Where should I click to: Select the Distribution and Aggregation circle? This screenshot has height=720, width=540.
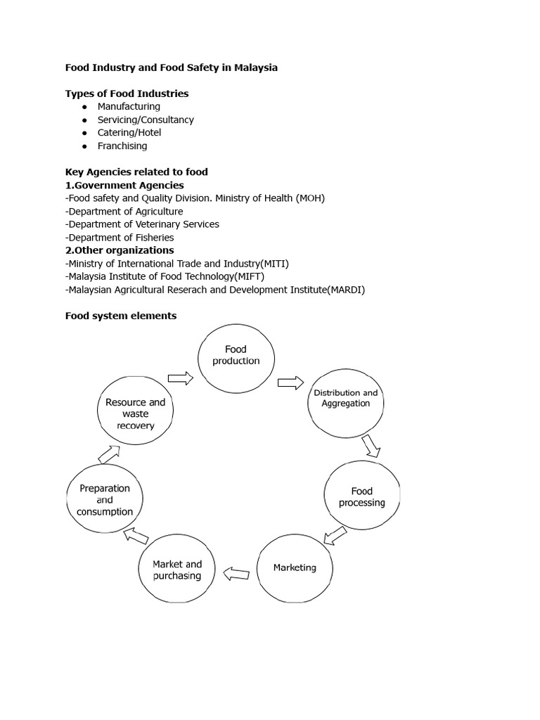coord(345,398)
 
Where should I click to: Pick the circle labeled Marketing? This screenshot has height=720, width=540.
coord(295,567)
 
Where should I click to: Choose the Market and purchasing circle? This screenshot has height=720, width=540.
coord(177,570)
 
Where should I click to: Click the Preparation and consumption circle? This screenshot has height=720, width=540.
coord(105,500)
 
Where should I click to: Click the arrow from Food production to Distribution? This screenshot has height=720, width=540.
coord(289,382)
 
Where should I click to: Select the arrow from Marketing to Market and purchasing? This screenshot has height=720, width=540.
coord(236,574)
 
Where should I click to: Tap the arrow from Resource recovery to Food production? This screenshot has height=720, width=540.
coord(181,379)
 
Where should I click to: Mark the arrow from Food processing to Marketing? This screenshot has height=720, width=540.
coord(335,536)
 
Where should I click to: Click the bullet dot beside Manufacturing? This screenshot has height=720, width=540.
coord(84,107)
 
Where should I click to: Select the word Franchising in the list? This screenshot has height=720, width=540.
coord(122,146)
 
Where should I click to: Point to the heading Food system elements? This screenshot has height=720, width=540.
coord(121,316)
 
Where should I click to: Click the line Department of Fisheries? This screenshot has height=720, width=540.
coord(120,238)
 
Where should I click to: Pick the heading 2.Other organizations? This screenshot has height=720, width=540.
coord(120,250)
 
